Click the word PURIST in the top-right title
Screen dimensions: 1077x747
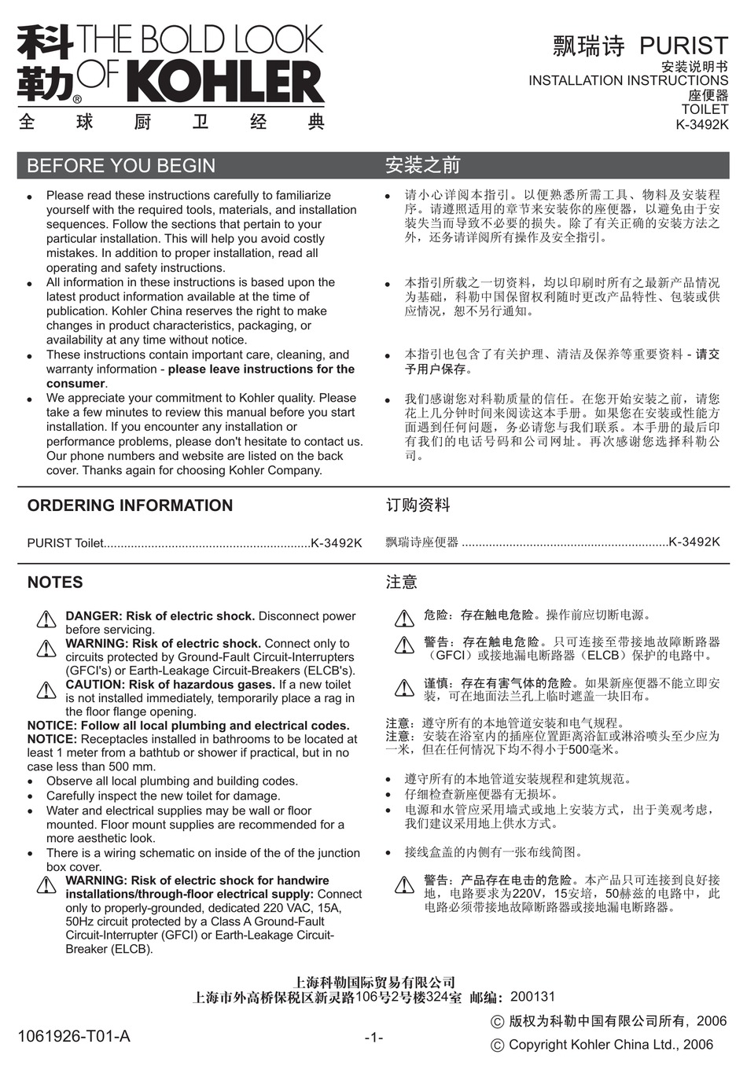[683, 46]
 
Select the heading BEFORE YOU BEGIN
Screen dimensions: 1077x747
[121, 166]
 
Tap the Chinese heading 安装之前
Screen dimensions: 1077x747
[423, 166]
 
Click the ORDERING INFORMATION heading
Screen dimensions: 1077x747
[130, 505]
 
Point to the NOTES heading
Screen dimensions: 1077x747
[55, 583]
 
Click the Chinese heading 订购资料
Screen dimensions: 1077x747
[418, 505]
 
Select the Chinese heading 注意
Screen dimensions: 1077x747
[402, 583]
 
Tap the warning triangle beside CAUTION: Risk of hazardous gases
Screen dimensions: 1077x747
[46, 690]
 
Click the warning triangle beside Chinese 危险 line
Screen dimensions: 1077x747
[404, 618]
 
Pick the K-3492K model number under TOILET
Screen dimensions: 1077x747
[702, 124]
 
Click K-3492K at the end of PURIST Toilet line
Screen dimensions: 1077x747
[337, 542]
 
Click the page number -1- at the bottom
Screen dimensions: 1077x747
[373, 1038]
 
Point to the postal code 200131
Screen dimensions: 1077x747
[532, 997]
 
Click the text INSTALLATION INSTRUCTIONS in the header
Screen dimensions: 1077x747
[628, 80]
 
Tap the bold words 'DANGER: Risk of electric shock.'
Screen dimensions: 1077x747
[160, 616]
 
